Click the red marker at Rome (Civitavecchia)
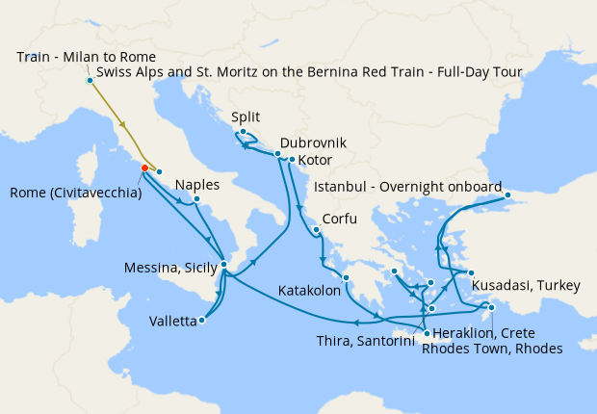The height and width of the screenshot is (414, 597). pyautogui.click(x=144, y=168)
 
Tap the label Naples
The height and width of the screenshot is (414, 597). pyautogui.click(x=197, y=185)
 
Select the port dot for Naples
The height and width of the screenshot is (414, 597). pyautogui.click(x=195, y=200)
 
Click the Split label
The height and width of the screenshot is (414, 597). pyautogui.click(x=246, y=117)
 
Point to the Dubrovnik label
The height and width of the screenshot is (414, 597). pyautogui.click(x=313, y=142)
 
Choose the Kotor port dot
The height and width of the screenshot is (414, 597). pyautogui.click(x=292, y=159)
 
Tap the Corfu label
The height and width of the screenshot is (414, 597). pyautogui.click(x=338, y=219)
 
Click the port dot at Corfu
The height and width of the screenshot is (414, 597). pyautogui.click(x=316, y=230)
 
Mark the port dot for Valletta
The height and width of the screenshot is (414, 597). pyautogui.click(x=201, y=321)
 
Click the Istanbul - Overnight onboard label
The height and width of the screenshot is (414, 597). pyautogui.click(x=409, y=186)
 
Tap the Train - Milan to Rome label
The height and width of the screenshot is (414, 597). pyautogui.click(x=86, y=57)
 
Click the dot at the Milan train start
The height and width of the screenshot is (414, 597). pyautogui.click(x=90, y=80)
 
